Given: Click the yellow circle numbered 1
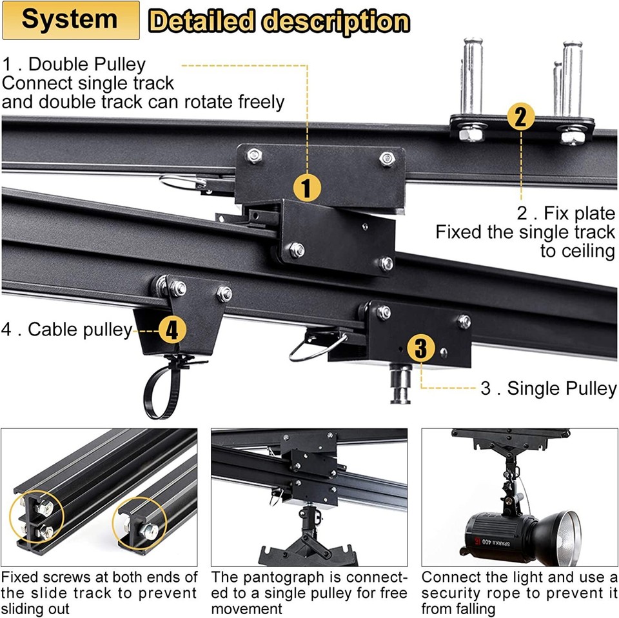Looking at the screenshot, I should tap(307, 188).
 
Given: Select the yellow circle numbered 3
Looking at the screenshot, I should tap(420, 348).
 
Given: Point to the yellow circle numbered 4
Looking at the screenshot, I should tap(172, 330).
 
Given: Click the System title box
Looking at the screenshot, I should tap(70, 19).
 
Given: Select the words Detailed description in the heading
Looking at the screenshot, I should tap(279, 21).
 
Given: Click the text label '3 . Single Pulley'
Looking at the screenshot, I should tap(549, 388).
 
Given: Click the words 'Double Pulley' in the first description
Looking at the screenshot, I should tap(88, 65).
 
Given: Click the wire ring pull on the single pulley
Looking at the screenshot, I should tap(309, 349).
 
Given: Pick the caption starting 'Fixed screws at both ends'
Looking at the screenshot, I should tap(99, 592).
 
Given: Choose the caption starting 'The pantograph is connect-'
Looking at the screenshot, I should tap(309, 592).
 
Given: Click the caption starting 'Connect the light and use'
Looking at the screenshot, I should tap(519, 592).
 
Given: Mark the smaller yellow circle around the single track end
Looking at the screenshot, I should tap(141, 526).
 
